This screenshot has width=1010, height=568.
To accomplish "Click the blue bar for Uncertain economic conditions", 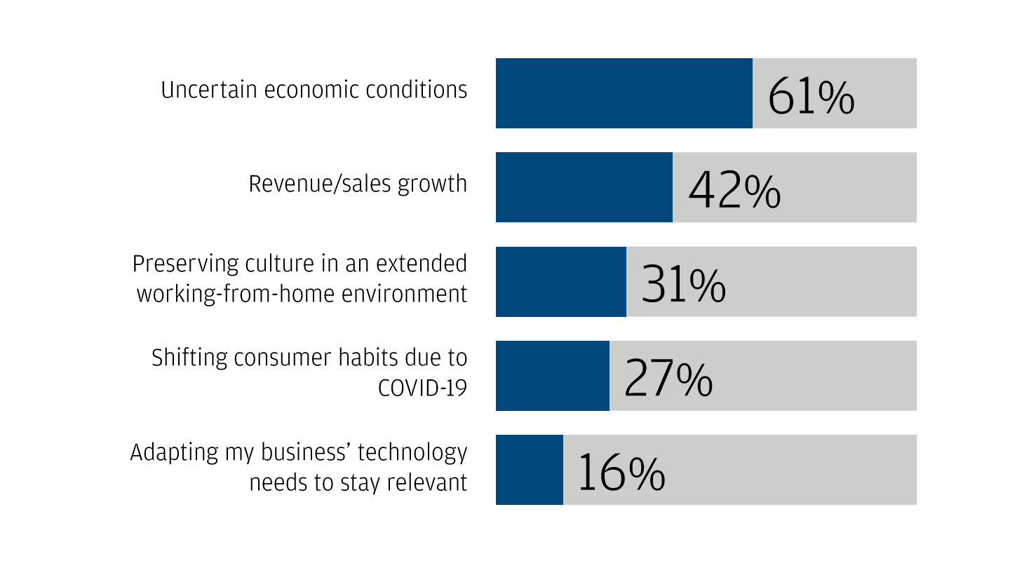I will coord(624,93).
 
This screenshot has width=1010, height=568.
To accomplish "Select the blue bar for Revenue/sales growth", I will coord(584,187).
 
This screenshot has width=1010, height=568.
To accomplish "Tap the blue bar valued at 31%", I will coord(561,281).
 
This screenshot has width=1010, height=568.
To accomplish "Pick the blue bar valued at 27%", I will coord(553,375).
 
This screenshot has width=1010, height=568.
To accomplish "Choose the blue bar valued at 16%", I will coord(530,469).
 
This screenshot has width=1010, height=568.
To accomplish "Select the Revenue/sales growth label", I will coord(358,184).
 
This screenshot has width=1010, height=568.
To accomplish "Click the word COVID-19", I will coord(422,388).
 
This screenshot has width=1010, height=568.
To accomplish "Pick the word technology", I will coord(412,452).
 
